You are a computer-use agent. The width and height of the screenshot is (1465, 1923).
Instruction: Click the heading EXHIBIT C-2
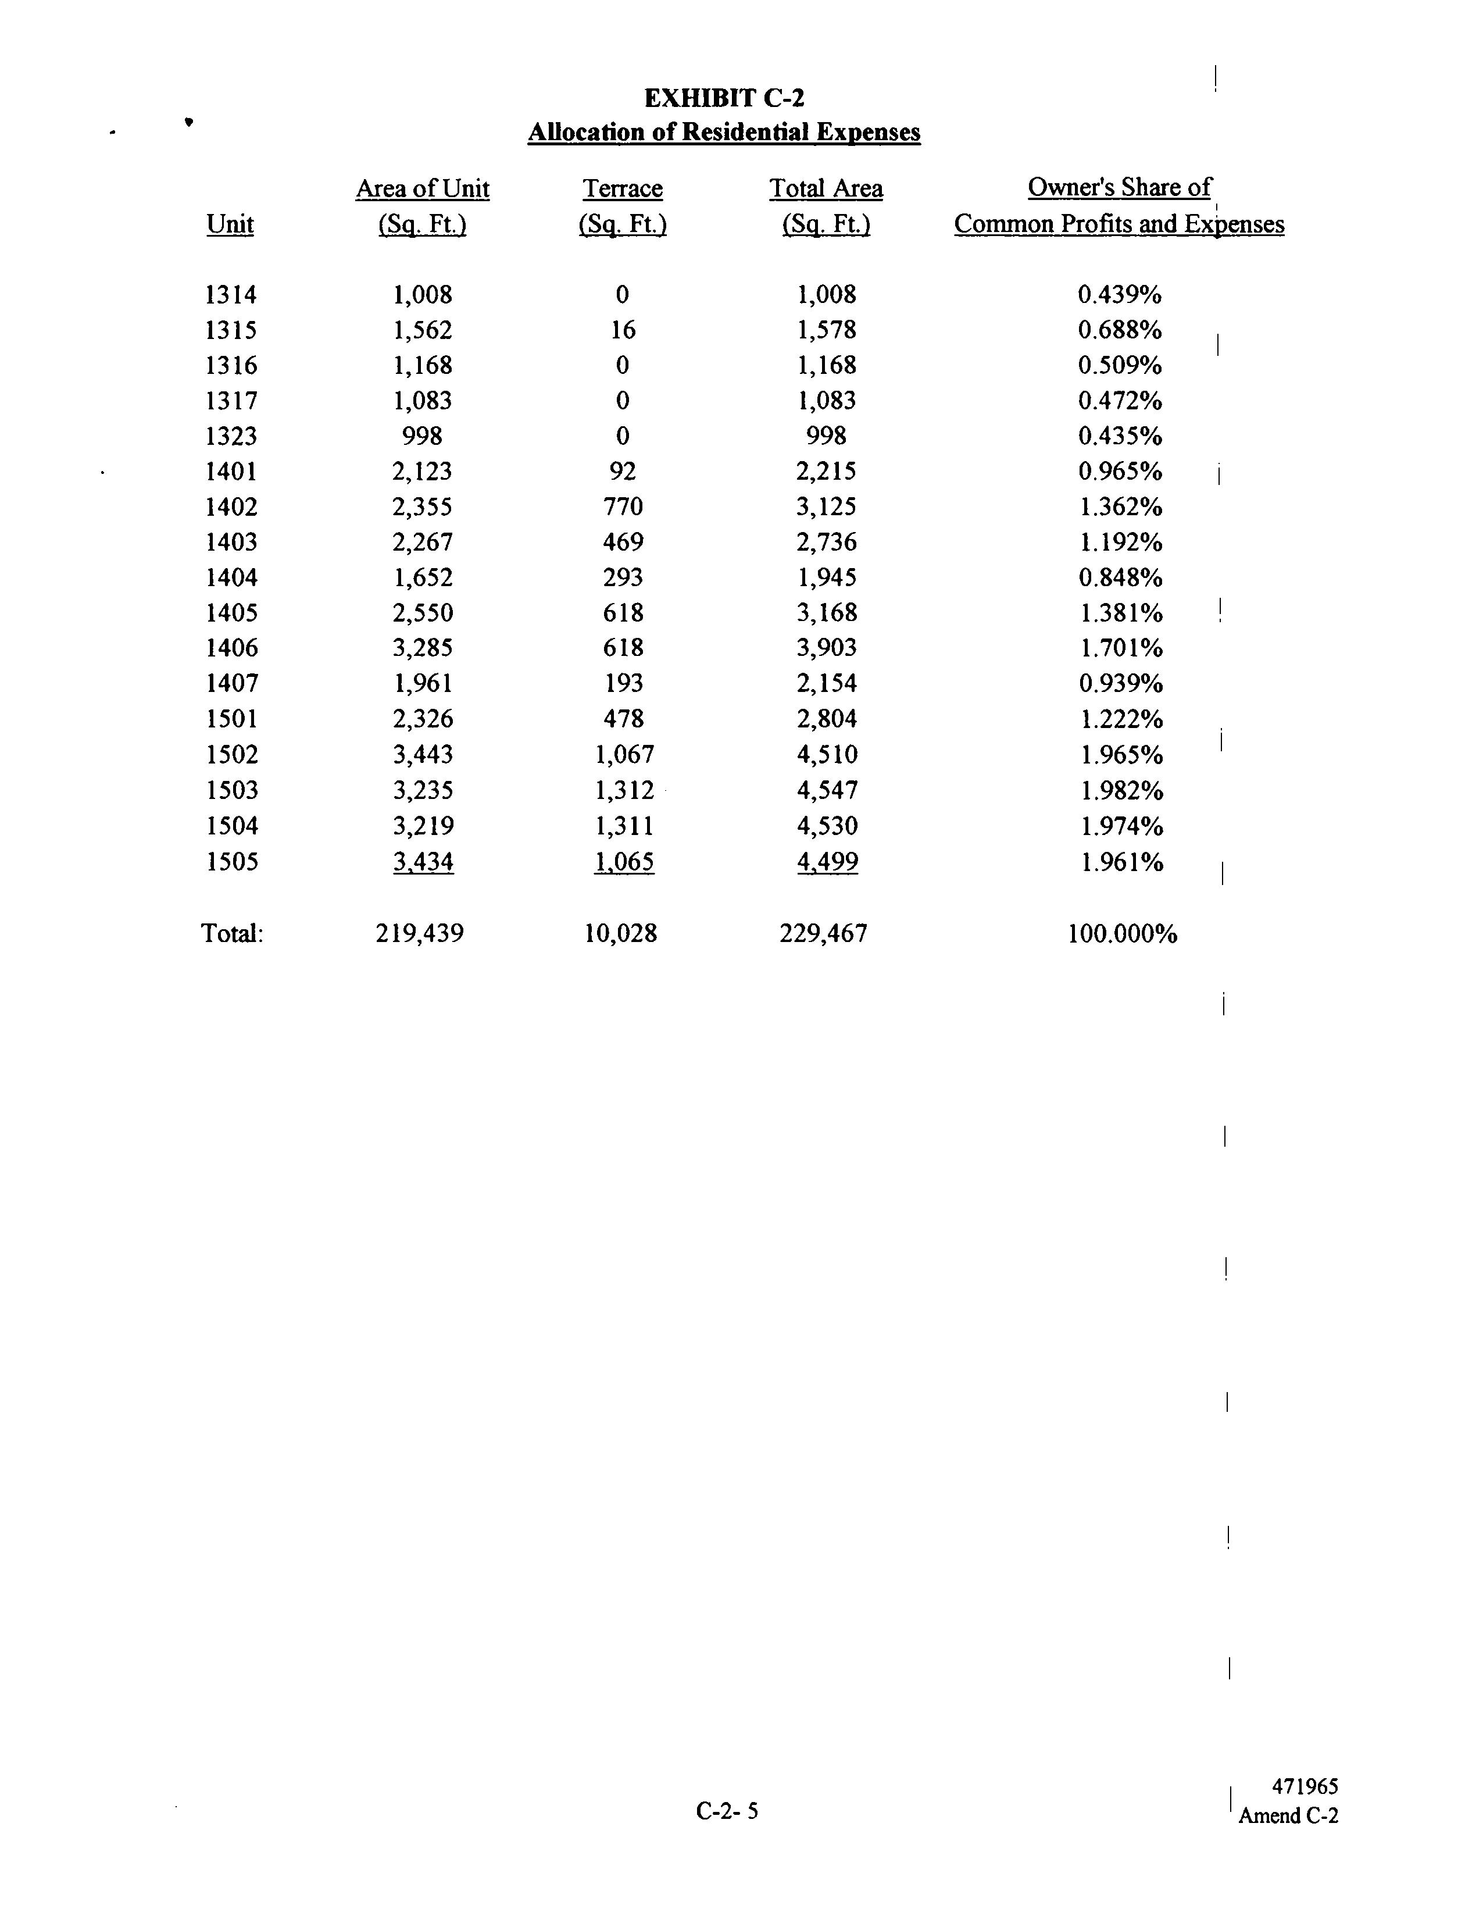coord(724,98)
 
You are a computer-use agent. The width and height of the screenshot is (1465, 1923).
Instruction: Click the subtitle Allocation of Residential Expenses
coord(724,133)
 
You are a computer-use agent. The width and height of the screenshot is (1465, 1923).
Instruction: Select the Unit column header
coord(230,224)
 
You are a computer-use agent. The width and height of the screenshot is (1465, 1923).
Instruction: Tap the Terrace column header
coord(623,189)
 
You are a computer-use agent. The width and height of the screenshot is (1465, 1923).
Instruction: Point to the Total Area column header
coord(826,189)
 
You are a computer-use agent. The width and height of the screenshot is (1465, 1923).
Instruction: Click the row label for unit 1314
coord(231,295)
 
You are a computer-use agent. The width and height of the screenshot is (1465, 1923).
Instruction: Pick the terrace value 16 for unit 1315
coord(623,330)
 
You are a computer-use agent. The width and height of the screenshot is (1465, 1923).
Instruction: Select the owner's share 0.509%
coord(1120,365)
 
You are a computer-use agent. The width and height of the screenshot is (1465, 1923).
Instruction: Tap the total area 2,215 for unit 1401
coord(827,472)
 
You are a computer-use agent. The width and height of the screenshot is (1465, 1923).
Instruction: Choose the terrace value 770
coord(623,506)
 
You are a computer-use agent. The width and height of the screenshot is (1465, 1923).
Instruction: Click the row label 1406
coord(231,648)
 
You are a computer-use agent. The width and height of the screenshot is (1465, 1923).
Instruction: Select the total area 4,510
coord(827,754)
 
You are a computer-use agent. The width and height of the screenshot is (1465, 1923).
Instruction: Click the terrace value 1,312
coord(623,790)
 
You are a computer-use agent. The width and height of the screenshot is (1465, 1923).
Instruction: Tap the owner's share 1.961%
coord(1121,862)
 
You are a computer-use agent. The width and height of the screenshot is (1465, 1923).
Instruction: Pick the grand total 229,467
coord(823,934)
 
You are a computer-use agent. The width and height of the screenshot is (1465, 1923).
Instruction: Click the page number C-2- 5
coord(727,1811)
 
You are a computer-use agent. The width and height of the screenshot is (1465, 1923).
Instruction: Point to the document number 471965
coord(1305,1787)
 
